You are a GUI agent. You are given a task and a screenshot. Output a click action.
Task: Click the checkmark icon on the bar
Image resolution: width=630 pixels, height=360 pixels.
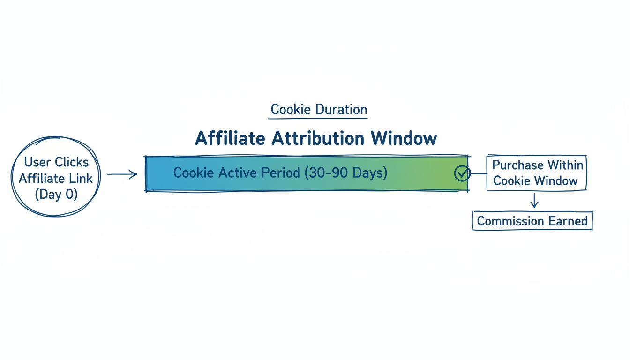point(462,173)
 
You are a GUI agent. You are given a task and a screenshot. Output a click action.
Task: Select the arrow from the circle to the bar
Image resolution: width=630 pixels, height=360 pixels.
point(122,175)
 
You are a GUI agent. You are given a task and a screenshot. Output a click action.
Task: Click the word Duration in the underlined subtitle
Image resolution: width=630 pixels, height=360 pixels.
point(341,110)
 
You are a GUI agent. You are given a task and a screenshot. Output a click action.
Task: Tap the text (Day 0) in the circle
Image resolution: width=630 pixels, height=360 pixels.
point(56,194)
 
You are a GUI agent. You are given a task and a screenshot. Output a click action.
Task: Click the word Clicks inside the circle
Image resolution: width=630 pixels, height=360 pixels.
point(71,162)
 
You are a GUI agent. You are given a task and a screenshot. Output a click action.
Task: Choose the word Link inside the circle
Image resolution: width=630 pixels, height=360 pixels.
point(82,178)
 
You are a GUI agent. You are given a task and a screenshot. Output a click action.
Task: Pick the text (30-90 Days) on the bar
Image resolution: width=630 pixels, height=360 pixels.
point(346,172)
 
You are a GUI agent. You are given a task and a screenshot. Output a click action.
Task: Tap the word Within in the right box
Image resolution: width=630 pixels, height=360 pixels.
point(565,165)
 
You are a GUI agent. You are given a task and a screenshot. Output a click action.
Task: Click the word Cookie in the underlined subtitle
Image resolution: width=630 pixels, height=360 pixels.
point(291,110)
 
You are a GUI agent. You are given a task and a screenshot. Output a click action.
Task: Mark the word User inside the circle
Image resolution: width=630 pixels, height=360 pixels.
point(37,162)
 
